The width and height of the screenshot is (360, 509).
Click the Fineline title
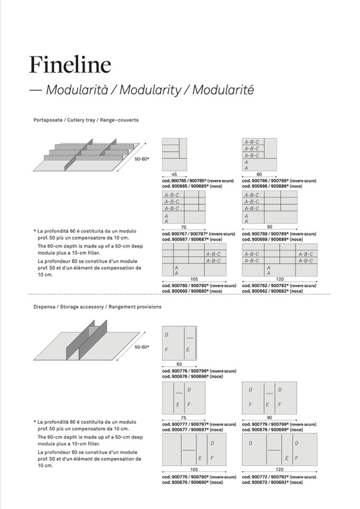(70, 65)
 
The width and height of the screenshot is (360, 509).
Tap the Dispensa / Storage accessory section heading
(97, 307)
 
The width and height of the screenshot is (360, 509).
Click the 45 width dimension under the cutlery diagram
(174, 175)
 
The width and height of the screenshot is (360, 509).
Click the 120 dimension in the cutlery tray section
(279, 279)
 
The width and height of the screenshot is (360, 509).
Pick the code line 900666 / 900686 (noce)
(272, 186)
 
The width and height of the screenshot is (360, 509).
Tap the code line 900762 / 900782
(279, 286)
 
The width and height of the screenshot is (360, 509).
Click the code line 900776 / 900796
(199, 371)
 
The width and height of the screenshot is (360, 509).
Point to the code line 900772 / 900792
(279, 477)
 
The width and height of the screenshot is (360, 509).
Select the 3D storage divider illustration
(88, 342)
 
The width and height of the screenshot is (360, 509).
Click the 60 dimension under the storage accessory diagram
(179, 365)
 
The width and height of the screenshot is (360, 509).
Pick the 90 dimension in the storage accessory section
(269, 418)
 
